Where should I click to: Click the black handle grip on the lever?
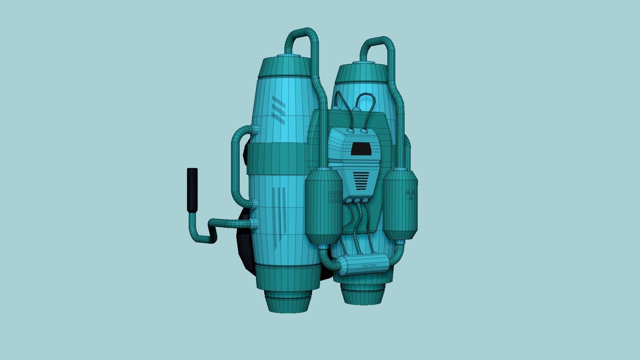[x=192, y=190]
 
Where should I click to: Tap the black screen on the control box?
[x=361, y=149]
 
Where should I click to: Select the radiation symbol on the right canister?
[x=410, y=194]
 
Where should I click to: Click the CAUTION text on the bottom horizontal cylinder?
[x=369, y=266]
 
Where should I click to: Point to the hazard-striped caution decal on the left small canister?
[x=334, y=197]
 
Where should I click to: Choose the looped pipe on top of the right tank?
[x=377, y=43]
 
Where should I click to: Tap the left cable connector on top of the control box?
[x=351, y=130]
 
